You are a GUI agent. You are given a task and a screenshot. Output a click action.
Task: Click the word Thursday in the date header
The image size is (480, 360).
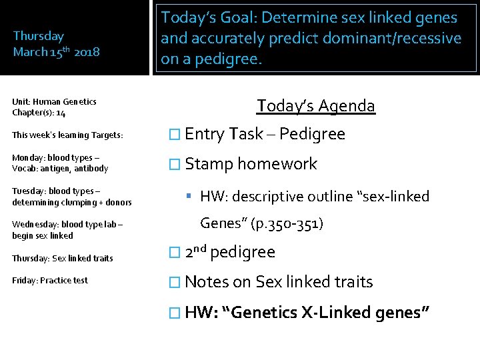(39, 36)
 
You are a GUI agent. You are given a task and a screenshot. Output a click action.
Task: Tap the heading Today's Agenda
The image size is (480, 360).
(316, 105)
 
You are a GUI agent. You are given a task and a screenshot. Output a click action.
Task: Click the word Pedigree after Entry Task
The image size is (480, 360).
(312, 134)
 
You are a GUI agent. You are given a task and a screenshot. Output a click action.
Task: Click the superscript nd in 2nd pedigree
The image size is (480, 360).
(200, 248)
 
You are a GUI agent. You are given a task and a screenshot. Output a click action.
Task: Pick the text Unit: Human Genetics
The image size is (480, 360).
(54, 102)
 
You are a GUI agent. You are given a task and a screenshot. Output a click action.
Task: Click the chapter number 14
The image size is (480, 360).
(61, 113)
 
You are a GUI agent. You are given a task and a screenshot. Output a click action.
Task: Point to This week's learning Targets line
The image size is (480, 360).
(67, 135)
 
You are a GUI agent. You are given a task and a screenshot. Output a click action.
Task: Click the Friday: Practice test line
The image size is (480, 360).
(50, 280)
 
